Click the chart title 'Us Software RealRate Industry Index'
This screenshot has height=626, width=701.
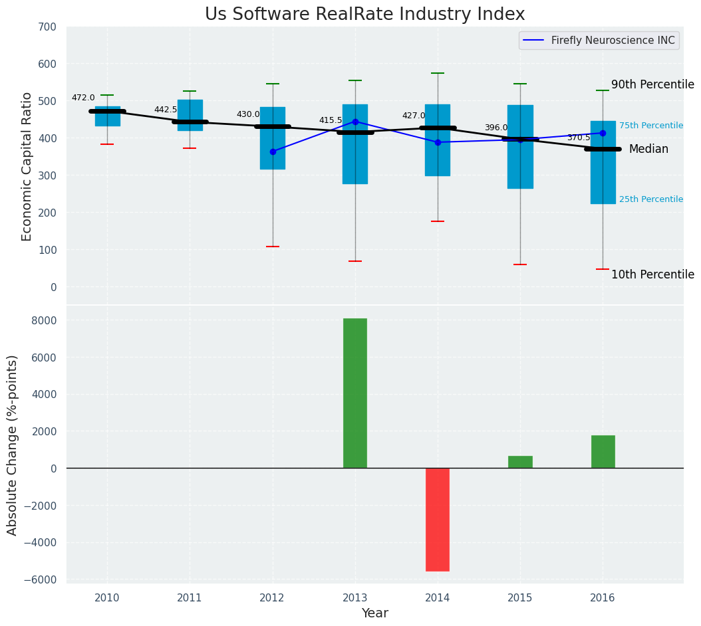(364, 15)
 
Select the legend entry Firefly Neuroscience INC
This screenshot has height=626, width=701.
(613, 41)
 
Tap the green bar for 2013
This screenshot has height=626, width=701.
(355, 393)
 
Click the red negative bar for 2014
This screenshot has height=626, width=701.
(438, 519)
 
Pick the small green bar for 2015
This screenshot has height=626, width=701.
(520, 462)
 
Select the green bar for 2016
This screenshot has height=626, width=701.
(603, 451)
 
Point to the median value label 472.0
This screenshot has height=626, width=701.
(83, 98)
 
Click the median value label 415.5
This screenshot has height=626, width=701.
(331, 121)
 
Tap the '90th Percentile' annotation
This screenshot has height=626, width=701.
(652, 85)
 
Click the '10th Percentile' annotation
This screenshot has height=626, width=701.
(652, 275)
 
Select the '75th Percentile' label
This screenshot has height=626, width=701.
(650, 126)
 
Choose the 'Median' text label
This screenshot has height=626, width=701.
(648, 150)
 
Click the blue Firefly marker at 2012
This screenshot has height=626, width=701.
(273, 152)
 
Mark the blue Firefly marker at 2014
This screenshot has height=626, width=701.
(438, 142)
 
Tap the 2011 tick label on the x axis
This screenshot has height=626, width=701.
(190, 598)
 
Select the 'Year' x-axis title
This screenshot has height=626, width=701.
(375, 613)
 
